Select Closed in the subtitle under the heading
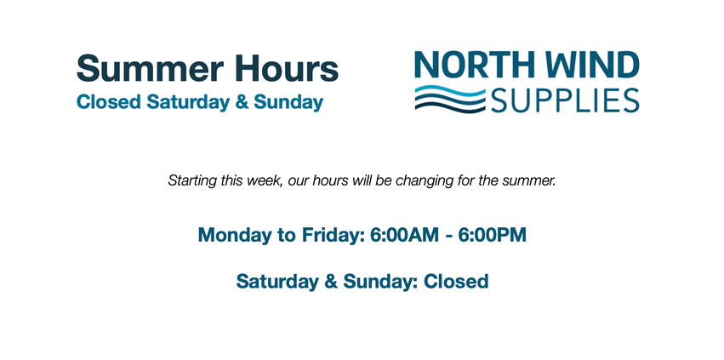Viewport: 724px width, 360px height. coord(109,102)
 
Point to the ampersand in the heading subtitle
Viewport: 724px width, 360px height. coord(242,102)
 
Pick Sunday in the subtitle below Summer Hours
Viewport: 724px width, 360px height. coord(288,103)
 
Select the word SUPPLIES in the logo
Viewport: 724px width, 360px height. coord(565,100)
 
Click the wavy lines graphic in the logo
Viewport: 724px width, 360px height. coord(450,99)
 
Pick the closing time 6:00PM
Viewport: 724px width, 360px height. coord(493,235)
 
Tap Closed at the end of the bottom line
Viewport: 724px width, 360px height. coord(456,282)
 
